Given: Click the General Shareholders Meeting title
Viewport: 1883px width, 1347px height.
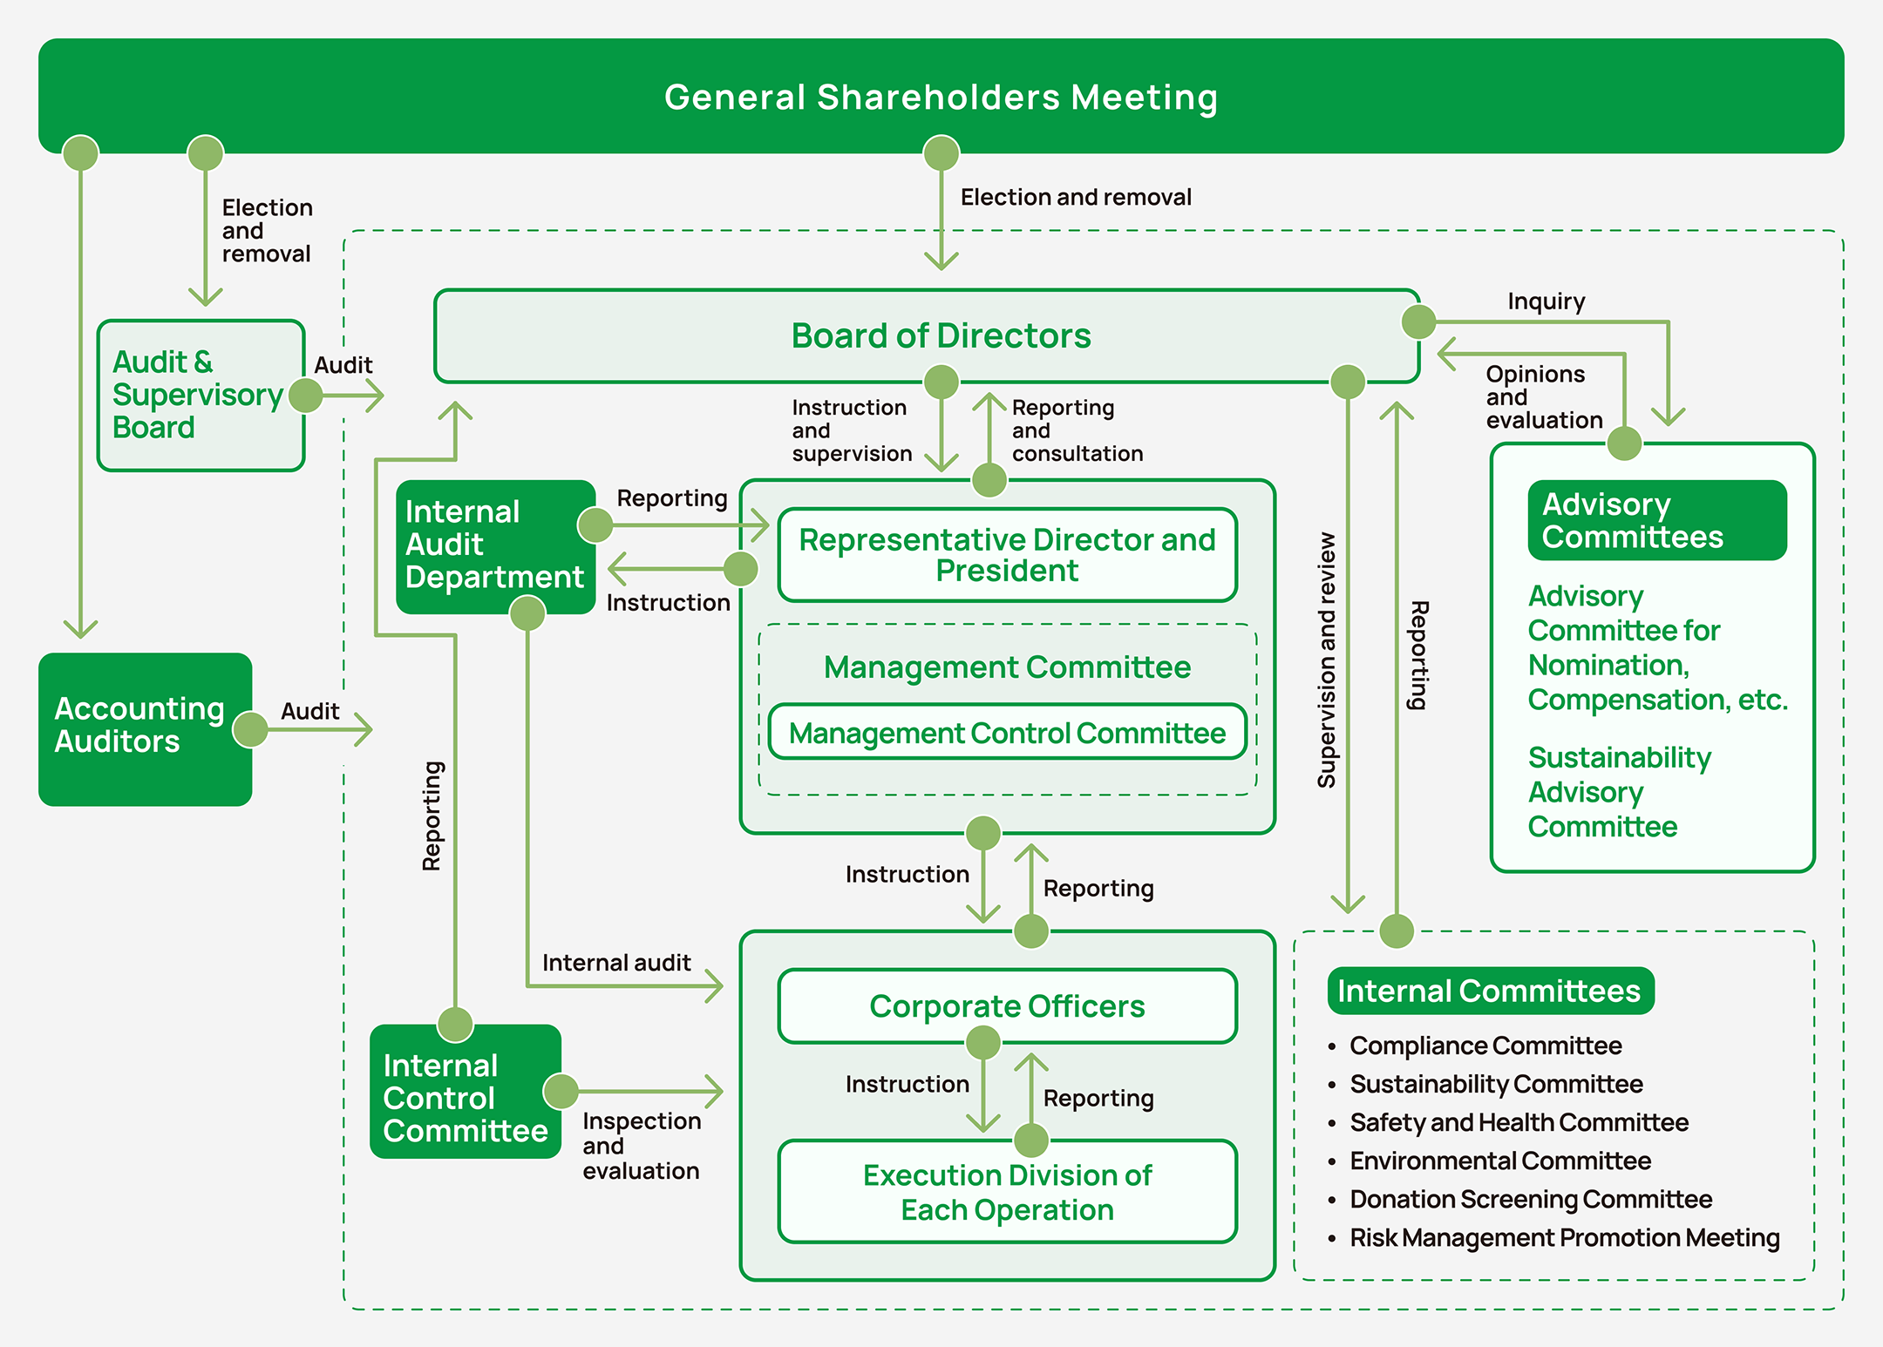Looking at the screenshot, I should pos(941,97).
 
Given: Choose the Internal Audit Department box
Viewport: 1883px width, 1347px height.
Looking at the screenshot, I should pos(494,545).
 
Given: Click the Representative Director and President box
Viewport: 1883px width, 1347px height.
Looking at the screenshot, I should pos(1007,555).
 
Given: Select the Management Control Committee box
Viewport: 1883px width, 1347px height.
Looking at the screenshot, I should pos(1007,733).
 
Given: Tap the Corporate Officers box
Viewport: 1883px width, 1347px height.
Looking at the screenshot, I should pos(1007,1006).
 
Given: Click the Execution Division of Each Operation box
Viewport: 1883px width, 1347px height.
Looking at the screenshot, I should pos(1007,1192).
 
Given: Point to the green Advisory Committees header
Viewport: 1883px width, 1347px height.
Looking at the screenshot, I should pos(1656,520).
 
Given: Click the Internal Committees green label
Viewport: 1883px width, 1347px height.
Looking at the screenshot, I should pos(1490,991).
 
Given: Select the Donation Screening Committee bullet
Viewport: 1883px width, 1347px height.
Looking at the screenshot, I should pos(1531,1200).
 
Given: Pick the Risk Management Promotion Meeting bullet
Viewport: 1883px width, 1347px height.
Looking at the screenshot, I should pos(1564,1238).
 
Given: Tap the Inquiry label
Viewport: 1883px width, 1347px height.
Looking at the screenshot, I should pos(1547,301).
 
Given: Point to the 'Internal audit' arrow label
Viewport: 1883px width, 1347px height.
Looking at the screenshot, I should pos(616,963).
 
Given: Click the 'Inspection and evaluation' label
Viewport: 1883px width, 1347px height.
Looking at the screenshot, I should pos(641,1146).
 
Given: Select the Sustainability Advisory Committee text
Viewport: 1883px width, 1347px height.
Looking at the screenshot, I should pos(1619,792).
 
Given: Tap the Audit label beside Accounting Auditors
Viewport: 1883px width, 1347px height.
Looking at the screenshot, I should pos(309,711).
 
